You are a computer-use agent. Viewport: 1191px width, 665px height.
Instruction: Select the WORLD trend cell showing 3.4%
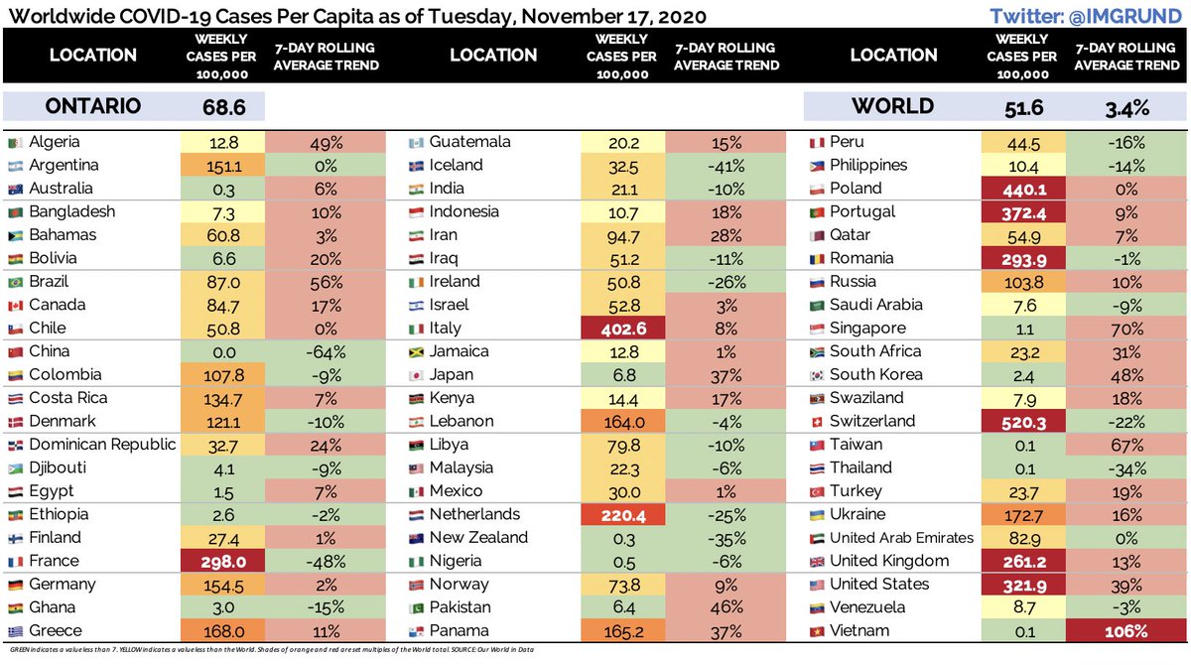pos(1127,106)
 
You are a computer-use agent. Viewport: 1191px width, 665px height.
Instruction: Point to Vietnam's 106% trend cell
pos(1127,631)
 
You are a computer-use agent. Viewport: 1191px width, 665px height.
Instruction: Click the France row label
pos(55,561)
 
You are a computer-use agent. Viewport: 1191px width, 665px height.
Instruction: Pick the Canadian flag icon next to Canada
pos(14,306)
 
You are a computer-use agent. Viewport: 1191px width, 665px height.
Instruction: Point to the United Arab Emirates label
pos(901,538)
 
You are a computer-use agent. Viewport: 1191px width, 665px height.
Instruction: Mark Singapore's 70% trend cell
pos(1127,329)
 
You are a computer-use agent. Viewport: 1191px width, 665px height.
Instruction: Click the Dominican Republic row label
pos(102,445)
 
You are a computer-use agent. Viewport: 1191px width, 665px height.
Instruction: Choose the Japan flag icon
pos(417,375)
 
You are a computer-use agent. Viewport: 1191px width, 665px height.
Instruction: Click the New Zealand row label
pos(478,538)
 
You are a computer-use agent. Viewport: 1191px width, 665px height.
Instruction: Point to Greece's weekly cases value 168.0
pos(221,631)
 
